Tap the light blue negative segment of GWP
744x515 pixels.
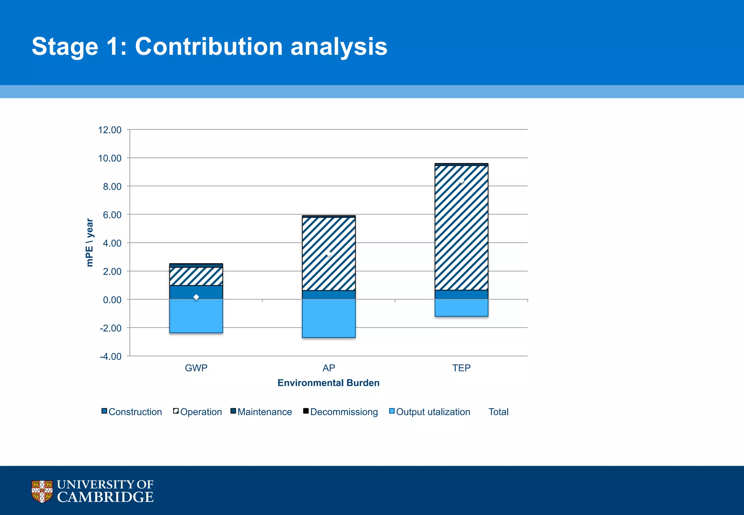point(196,316)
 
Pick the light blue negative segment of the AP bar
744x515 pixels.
point(329,318)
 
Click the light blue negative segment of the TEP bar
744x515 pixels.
point(461,308)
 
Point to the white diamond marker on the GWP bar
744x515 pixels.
point(196,297)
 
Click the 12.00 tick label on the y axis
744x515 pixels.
point(110,130)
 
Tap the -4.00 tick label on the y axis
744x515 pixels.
point(110,356)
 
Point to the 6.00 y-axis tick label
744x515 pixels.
point(112,215)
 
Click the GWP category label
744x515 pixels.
point(196,368)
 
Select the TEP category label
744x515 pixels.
point(461,368)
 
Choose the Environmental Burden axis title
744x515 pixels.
point(328,383)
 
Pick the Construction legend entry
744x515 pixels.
point(132,412)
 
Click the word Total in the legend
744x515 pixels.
point(498,412)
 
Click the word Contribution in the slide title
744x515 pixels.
point(209,46)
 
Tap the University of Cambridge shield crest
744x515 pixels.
point(42,491)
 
